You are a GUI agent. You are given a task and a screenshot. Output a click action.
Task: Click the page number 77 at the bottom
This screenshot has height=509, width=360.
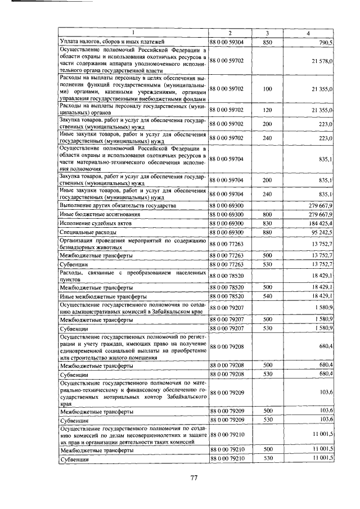[193, 478]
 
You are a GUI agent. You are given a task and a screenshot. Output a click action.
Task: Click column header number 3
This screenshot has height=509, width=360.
[267, 34]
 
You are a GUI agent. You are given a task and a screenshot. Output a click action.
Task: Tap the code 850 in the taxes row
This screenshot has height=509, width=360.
[267, 42]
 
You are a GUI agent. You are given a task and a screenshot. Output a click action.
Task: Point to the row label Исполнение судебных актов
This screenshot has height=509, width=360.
[89, 223]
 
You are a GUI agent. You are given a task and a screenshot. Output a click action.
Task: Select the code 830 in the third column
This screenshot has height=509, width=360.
[267, 223]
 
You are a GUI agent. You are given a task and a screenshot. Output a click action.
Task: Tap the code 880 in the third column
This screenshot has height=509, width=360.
[267, 232]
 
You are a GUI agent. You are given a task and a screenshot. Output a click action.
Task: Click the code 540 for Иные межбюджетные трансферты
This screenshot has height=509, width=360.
[267, 295]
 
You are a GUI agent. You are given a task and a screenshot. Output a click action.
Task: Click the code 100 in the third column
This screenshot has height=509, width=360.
[267, 89]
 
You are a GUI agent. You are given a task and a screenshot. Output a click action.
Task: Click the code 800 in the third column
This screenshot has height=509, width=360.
[267, 215]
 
